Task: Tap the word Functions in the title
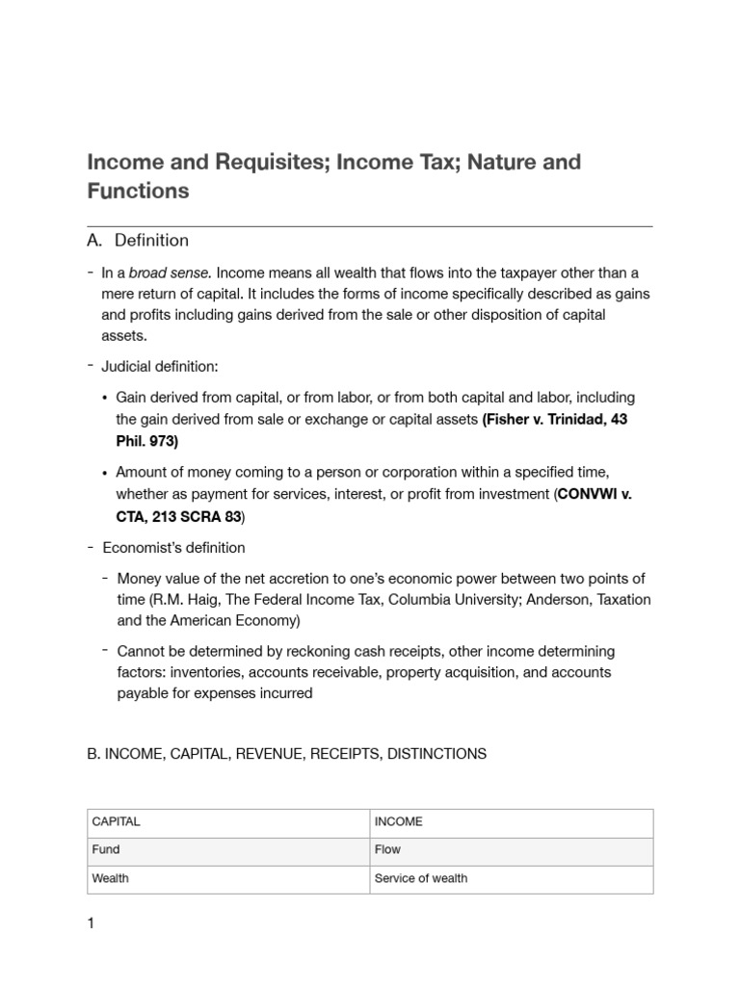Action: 138,191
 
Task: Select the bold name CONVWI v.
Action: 595,494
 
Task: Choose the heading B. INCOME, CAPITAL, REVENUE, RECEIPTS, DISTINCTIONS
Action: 286,754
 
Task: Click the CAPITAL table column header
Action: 116,821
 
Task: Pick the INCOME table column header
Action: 398,821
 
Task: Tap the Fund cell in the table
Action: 106,849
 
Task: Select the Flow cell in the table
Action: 387,849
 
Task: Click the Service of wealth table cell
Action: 420,878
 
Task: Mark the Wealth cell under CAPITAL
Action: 110,878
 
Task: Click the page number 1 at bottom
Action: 91,924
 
